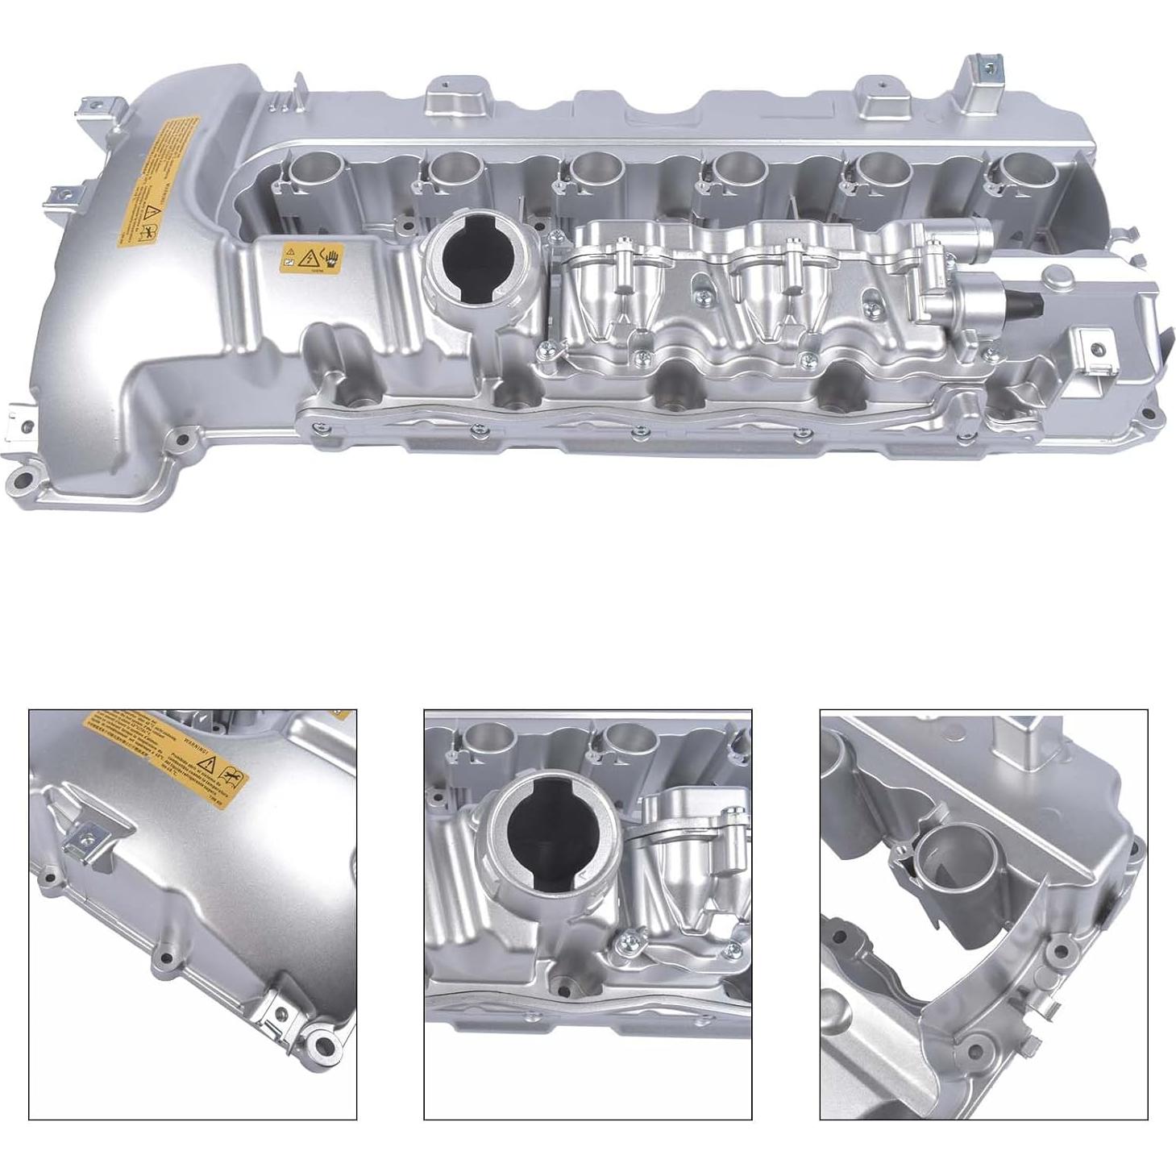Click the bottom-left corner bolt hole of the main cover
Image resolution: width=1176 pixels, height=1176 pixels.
22,482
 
